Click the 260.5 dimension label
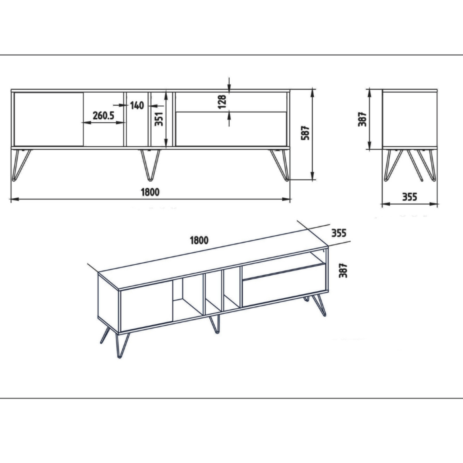[x=103, y=115]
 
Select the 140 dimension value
[x=137, y=105]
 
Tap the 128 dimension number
[x=222, y=102]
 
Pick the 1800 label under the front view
[x=150, y=192]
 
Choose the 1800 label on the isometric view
[x=199, y=240]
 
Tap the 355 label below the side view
[x=410, y=197]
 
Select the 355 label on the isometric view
[x=338, y=233]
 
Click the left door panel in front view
[x=49, y=119]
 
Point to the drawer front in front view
[x=231, y=129]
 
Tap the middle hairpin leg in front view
[x=150, y=165]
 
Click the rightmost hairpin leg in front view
[x=280, y=165]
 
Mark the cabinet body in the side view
[x=410, y=119]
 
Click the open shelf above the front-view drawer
[x=231, y=102]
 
